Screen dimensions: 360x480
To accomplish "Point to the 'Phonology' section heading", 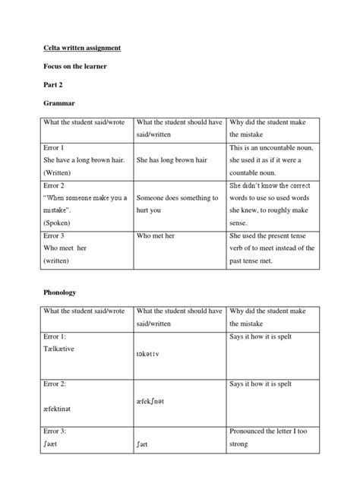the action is pos(57,291).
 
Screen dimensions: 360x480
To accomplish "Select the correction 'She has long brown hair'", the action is pos(171,160).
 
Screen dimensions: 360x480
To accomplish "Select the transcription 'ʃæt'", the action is pos(43,443).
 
